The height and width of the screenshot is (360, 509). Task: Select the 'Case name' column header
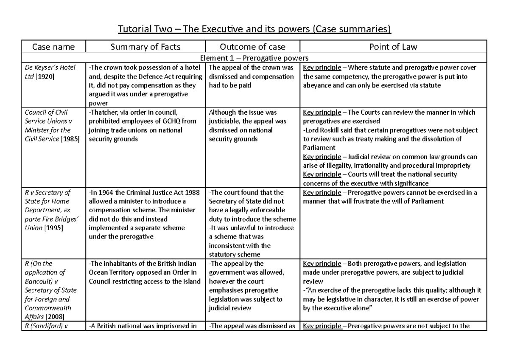[53, 47]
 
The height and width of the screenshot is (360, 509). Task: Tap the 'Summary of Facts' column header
[145, 47]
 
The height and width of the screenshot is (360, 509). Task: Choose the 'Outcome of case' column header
[252, 47]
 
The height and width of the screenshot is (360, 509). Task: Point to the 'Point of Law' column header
[394, 47]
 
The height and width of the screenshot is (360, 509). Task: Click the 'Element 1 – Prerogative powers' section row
[255, 58]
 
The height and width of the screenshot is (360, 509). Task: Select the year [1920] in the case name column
[48, 76]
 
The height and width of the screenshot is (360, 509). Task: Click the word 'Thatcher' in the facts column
[104, 112]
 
